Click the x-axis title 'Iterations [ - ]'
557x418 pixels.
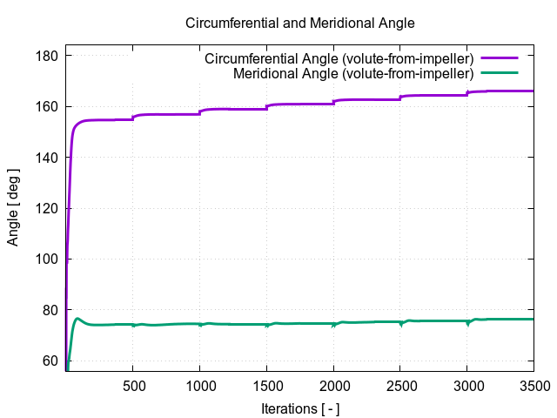pyautogui.click(x=300, y=408)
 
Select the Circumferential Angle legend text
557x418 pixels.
pyautogui.click(x=345, y=59)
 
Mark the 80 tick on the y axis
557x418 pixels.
pyautogui.click(x=50, y=310)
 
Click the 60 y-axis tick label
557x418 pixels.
pyautogui.click(x=50, y=361)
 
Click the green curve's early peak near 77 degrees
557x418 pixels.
pyautogui.click(x=77, y=319)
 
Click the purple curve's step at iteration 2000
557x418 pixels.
pyautogui.click(x=333, y=102)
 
